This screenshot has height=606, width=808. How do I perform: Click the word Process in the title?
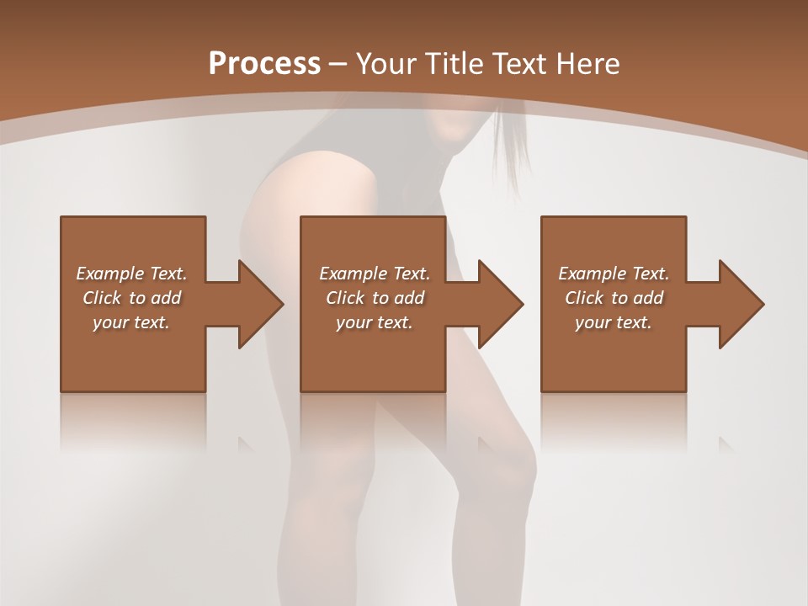coord(264,64)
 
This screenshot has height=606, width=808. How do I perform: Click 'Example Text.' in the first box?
coord(131,274)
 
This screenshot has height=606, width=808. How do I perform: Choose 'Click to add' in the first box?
coord(131,298)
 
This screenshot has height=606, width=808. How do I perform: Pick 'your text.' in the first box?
coord(131,322)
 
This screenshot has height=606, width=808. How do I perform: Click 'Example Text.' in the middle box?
coord(374,274)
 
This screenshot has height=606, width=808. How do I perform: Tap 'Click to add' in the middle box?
coord(374,298)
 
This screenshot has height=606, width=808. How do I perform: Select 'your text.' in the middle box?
coord(374,322)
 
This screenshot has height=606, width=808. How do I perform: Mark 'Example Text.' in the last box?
coord(614,274)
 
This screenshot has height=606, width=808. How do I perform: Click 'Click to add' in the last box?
coord(614,298)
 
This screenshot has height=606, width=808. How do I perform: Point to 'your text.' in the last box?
coord(614,322)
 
